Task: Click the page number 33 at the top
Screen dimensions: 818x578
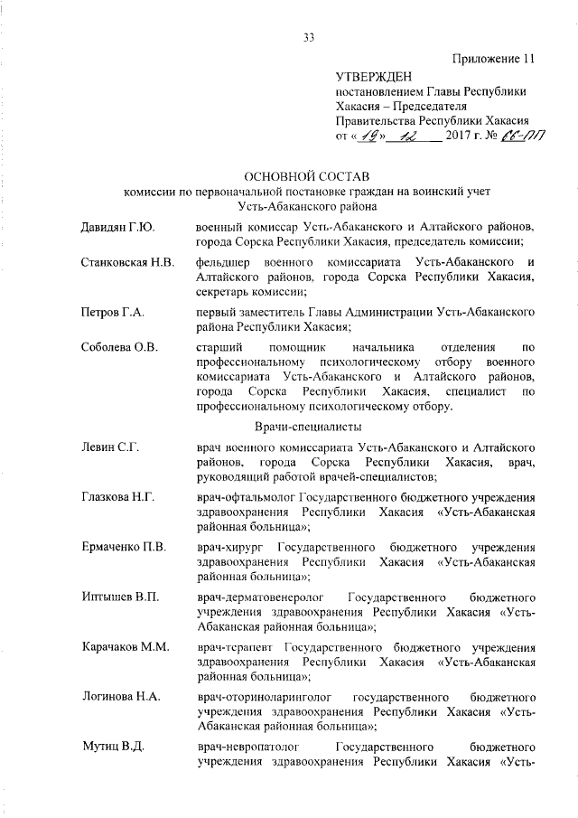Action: click(x=308, y=37)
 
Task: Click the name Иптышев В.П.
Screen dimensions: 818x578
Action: click(x=114, y=597)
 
